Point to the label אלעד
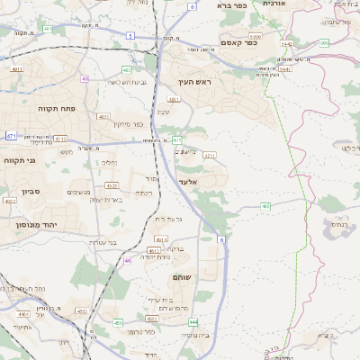(x=188, y=183)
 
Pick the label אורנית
(x=272, y=4)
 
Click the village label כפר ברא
(x=231, y=5)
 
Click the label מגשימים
(x=79, y=192)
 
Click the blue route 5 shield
(x=130, y=35)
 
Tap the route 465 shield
(x=266, y=207)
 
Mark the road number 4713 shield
(x=61, y=139)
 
